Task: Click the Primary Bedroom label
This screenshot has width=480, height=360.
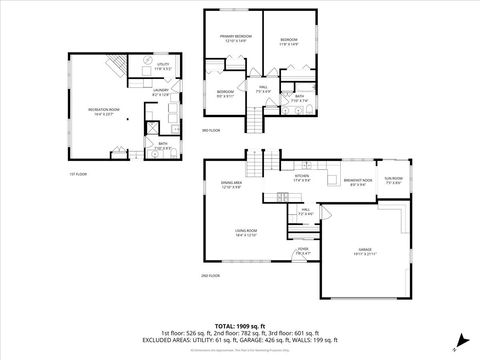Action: (x=236, y=38)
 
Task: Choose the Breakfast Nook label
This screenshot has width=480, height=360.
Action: (x=355, y=182)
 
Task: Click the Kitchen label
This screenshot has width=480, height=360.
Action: (x=301, y=179)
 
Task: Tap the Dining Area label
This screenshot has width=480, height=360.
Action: (x=232, y=185)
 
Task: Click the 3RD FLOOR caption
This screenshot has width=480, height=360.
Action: (x=211, y=131)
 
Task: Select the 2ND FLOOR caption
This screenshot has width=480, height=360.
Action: (x=210, y=275)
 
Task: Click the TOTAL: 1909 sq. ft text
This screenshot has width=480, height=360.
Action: (x=239, y=325)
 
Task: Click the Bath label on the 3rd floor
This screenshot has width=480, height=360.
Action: (x=299, y=98)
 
